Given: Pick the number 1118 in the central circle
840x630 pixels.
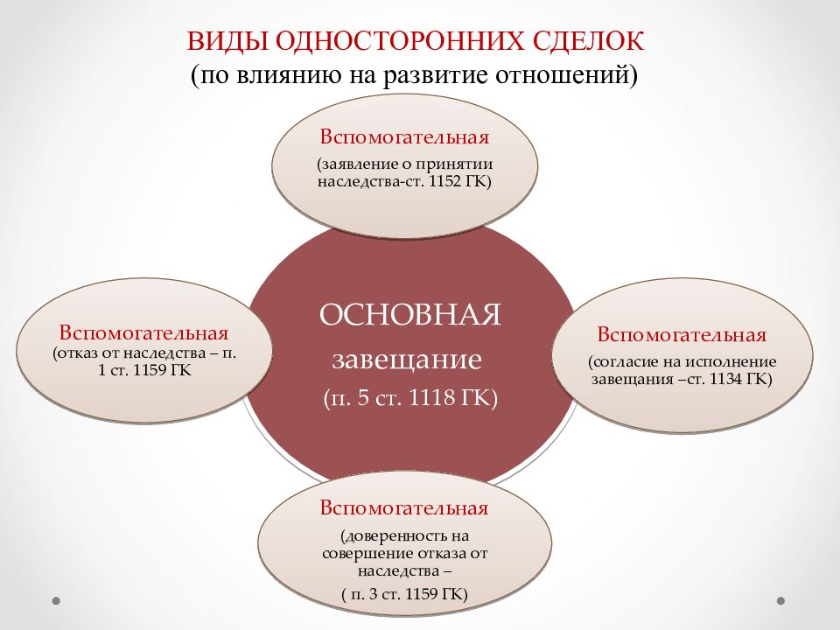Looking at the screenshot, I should (x=430, y=399).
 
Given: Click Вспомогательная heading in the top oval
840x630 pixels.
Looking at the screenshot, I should (x=403, y=138).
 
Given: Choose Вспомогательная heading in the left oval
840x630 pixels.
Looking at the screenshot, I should (x=144, y=334).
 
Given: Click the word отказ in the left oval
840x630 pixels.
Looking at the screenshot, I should (x=81, y=353).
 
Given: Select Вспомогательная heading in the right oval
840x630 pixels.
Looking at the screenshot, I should (x=682, y=335).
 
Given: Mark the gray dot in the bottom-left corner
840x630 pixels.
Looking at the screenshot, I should (x=56, y=601).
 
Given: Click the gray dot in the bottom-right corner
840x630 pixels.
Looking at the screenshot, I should (x=781, y=601).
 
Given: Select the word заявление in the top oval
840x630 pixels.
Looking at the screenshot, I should (x=351, y=164).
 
